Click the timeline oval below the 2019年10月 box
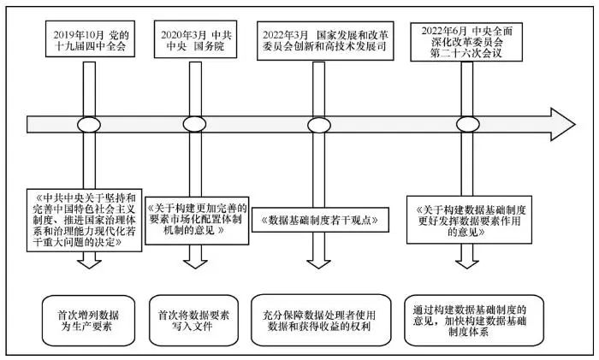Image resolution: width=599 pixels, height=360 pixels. tap(89, 124)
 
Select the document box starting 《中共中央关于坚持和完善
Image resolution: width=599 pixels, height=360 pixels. tap(79, 220)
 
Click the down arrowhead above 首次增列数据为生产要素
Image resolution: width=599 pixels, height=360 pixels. tap(89, 262)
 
